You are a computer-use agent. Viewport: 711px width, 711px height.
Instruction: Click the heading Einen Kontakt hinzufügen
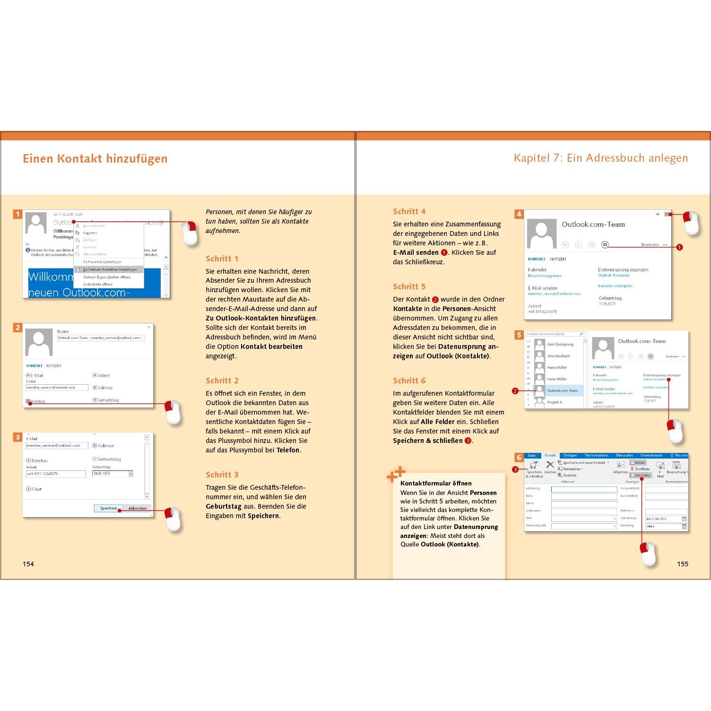[x=95, y=159]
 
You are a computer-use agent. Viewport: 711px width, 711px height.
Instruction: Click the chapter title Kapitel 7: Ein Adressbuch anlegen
[x=600, y=158]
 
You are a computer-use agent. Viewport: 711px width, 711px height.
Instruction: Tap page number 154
[x=28, y=564]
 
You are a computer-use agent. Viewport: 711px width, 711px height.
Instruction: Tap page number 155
[x=682, y=564]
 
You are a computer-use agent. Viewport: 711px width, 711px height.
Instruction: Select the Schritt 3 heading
[x=222, y=475]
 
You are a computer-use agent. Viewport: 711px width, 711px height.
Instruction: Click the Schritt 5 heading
[x=409, y=286]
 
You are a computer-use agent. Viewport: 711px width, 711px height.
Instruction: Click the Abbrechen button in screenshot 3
[x=137, y=508]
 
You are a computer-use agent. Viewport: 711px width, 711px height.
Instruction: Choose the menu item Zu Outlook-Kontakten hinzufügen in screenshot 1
[x=109, y=269]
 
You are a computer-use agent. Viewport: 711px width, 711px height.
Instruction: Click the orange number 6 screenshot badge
[x=519, y=458]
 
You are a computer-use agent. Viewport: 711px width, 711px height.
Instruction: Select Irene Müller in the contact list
[x=557, y=379]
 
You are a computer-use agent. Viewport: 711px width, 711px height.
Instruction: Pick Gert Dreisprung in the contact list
[x=560, y=345]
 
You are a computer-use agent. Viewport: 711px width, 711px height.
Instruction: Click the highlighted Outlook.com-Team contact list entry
[x=562, y=390]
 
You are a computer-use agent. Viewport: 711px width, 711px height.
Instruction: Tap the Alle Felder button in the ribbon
[x=642, y=475]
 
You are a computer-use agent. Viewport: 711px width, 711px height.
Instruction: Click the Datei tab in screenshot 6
[x=532, y=456]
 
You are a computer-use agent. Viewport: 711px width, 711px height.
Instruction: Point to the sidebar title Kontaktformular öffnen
[x=436, y=483]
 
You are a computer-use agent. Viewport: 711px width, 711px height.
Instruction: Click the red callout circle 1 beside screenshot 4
[x=679, y=247]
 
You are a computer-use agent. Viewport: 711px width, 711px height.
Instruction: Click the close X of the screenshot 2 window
[x=149, y=327]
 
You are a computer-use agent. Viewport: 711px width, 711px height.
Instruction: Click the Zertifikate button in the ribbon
[x=642, y=469]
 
